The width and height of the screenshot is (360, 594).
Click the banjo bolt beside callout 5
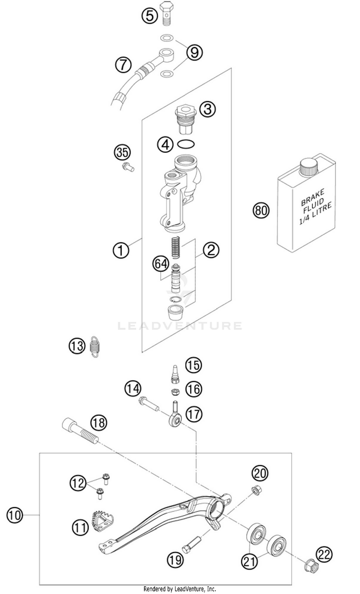click(167, 13)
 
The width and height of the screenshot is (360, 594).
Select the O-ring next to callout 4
click(186, 144)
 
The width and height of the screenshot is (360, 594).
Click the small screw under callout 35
click(128, 167)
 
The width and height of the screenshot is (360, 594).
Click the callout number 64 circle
click(161, 264)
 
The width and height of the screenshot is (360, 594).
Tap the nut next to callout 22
click(312, 568)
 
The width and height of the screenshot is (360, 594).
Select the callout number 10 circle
click(15, 515)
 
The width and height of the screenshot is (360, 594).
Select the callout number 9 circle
click(194, 52)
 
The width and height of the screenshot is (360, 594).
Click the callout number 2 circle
click(211, 250)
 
